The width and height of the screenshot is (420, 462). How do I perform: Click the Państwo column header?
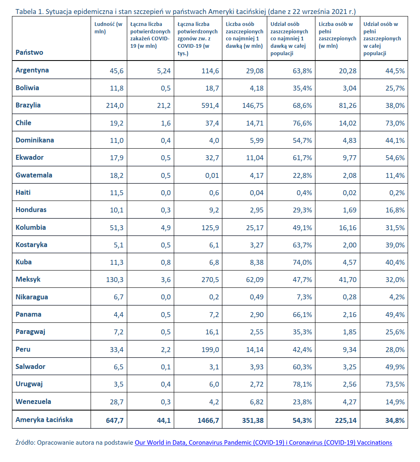(29, 52)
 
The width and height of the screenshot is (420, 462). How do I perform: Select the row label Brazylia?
(28, 105)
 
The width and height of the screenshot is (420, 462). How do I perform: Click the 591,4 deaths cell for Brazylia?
(209, 105)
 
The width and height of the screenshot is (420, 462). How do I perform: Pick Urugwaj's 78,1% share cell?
(302, 384)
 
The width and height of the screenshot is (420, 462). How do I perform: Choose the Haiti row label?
(23, 192)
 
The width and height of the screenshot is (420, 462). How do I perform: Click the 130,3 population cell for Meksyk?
(114, 280)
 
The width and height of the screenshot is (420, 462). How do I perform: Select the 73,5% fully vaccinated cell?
(395, 384)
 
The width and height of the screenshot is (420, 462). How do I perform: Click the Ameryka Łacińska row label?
(44, 420)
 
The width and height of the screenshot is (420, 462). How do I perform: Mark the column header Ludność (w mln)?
(108, 28)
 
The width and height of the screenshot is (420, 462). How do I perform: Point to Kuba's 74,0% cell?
(302, 262)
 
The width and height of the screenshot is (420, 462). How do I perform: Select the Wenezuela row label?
(33, 401)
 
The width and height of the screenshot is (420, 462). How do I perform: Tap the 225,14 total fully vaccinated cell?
(344, 420)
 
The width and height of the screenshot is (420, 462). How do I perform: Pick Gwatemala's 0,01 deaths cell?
(211, 175)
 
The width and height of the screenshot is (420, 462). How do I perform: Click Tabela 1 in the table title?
(29, 11)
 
